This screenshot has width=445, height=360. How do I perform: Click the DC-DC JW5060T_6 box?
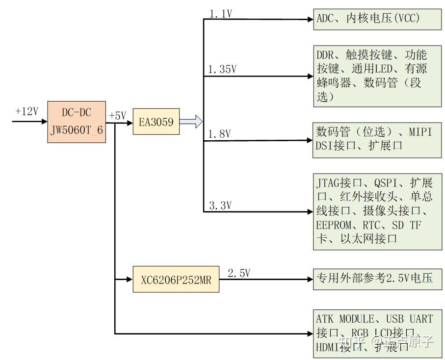click(77, 122)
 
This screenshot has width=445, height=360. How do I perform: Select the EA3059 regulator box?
click(156, 122)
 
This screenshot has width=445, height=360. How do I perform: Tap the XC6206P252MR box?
click(176, 279)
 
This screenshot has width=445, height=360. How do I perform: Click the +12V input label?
click(26, 111)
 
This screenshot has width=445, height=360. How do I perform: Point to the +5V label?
click(117, 116)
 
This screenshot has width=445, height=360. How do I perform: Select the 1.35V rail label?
click(222, 70)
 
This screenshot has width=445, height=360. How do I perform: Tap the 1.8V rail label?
click(220, 134)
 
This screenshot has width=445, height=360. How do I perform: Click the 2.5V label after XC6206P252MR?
click(238, 273)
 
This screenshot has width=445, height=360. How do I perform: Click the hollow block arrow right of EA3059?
click(191, 122)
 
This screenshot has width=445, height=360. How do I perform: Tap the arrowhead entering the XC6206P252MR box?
click(130, 279)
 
